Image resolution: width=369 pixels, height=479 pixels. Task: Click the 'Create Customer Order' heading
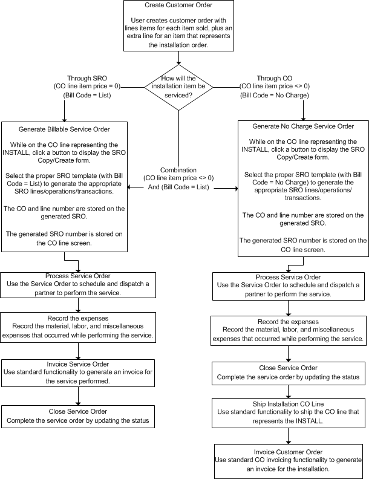[178, 5]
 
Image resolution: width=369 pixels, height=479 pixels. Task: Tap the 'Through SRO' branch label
[87, 78]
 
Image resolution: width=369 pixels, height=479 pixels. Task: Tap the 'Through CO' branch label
[274, 78]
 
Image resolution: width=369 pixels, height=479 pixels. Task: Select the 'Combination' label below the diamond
[178, 170]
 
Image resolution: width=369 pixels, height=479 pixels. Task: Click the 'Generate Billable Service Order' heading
[64, 129]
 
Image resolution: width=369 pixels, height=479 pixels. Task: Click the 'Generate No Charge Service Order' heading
[303, 126]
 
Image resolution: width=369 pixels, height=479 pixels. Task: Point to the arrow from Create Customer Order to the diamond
[178, 57]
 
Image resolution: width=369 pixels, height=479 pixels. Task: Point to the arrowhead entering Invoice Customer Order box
[288, 442]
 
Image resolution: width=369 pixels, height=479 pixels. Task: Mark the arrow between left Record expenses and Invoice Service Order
[78, 351]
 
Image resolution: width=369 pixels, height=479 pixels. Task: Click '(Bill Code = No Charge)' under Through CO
[274, 96]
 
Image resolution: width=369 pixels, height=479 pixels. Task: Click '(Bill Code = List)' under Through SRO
[87, 96]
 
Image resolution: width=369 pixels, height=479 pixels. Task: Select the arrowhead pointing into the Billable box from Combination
[129, 187]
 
